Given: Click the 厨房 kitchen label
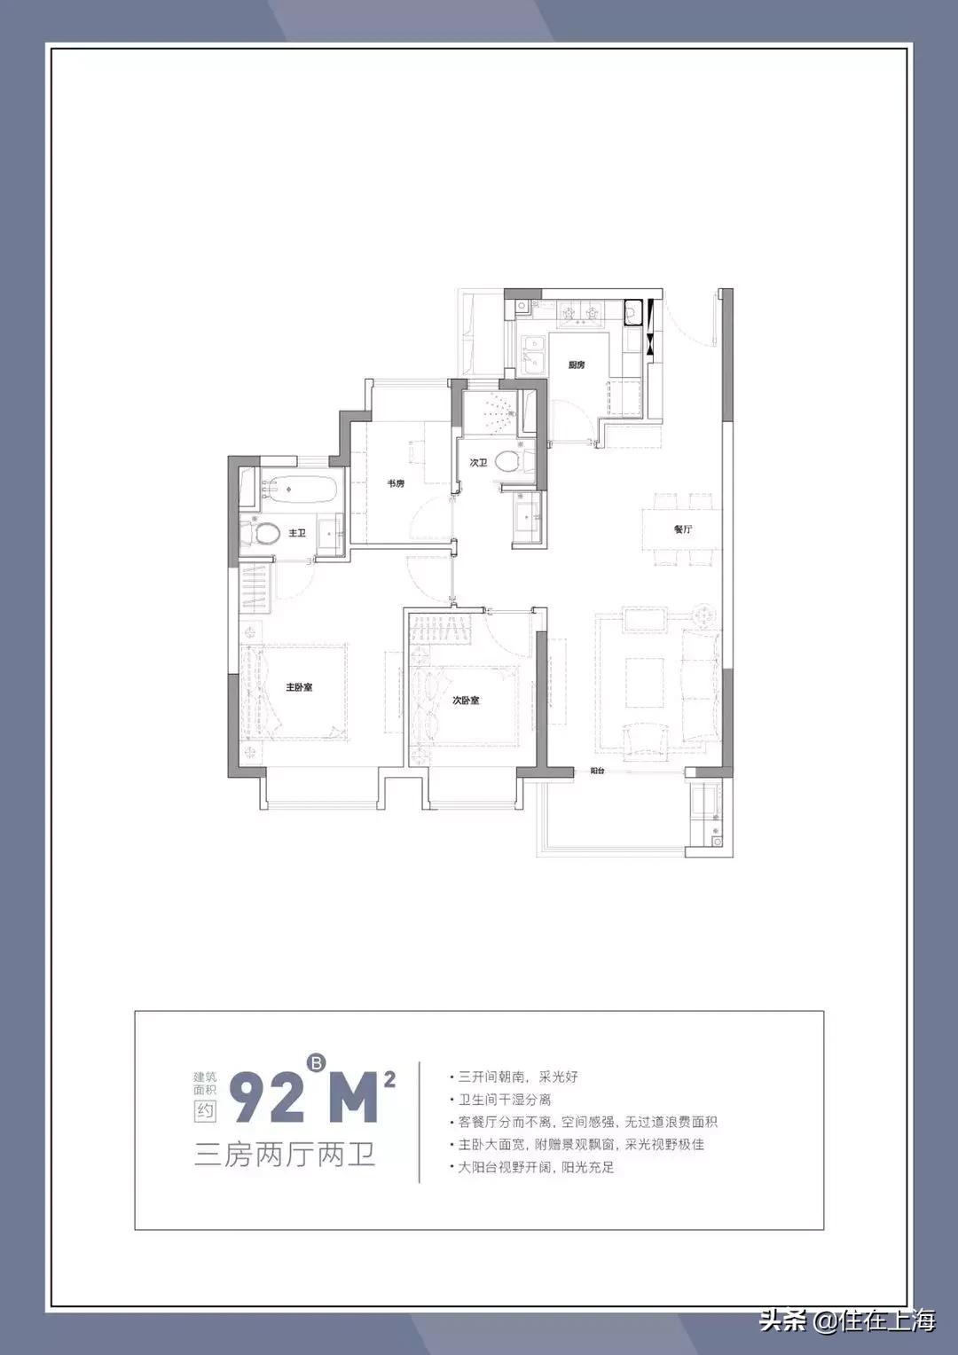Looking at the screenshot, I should coord(577,364).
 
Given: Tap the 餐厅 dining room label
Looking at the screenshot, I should coord(682,529).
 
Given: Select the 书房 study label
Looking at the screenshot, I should coord(395,483).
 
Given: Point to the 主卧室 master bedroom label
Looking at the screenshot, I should coord(299,687).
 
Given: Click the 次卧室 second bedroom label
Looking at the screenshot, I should coord(466,701).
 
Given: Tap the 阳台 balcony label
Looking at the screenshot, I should coord(597,771).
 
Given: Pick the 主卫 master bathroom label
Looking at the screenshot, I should coord(297,533).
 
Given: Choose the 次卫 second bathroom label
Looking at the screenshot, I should coord(478,463).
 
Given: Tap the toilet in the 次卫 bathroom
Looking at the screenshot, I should coord(507,461).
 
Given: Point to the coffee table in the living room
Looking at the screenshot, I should coord(644,682).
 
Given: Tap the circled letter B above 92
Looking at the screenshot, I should coord(316,1061).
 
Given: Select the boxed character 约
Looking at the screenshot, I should coord(205,1110).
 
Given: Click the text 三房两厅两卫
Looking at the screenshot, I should coord(285,1155).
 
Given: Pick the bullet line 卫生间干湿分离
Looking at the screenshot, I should coord(504,1100).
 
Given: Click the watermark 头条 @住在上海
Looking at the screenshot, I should coord(846,1320).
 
